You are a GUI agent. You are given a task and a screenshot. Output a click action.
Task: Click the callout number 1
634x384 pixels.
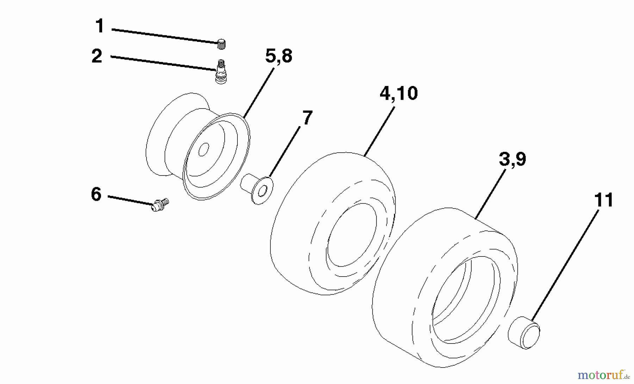click(100, 26)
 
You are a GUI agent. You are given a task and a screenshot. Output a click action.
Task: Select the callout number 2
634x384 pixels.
click(97, 56)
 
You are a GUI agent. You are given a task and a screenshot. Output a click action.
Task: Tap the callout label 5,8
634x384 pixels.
click(279, 56)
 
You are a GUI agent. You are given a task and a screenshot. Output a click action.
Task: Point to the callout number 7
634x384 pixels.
click(307, 118)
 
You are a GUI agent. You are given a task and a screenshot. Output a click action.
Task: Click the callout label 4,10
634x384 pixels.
click(399, 93)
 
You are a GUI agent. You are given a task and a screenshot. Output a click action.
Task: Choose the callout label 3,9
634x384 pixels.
click(512, 159)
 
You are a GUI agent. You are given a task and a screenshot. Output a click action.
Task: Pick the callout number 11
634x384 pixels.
click(604, 200)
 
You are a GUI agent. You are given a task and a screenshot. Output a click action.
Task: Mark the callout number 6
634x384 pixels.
click(96, 194)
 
